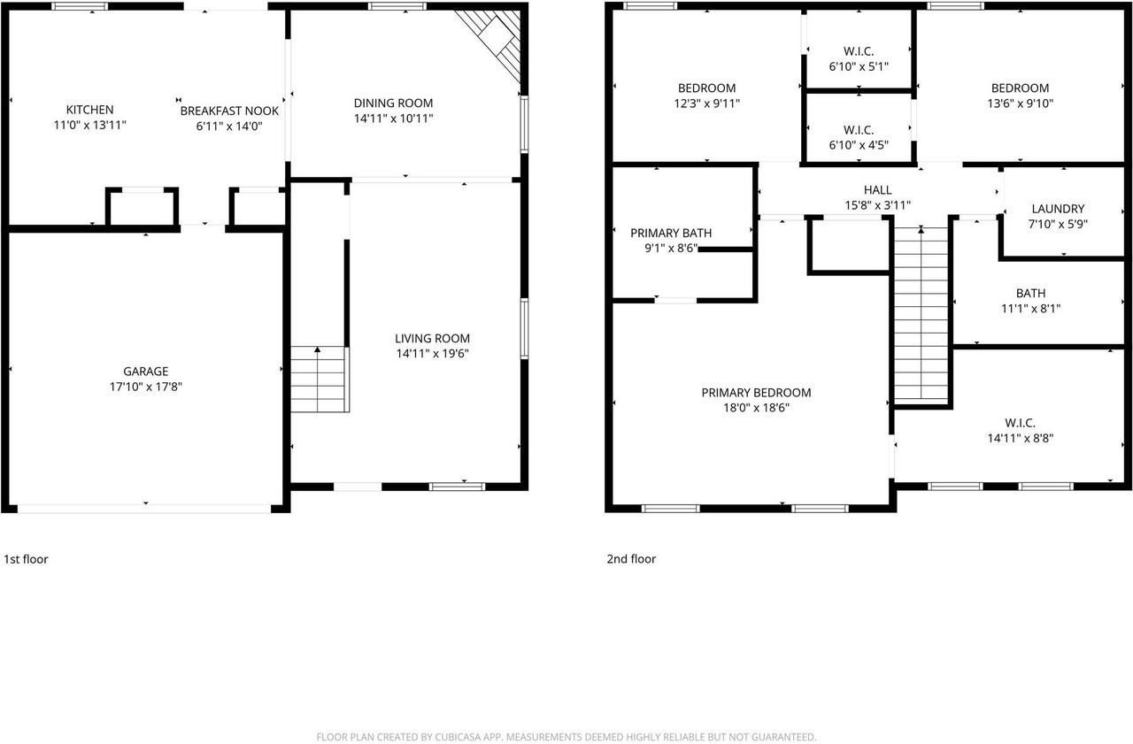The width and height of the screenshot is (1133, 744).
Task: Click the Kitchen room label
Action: coord(89,110)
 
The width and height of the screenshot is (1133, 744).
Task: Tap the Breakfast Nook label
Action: coord(229,111)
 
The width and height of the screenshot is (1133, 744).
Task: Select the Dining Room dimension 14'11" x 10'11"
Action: coord(393,119)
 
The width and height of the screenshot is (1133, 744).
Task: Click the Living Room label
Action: coord(432,338)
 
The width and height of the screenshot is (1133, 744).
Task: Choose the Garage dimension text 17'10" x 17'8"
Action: coord(146,387)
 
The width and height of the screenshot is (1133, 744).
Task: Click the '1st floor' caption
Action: coord(27,559)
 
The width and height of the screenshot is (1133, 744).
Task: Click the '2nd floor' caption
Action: coord(631,559)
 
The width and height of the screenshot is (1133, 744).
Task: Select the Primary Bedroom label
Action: coord(756,393)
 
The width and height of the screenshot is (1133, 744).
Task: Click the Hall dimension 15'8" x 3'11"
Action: coord(877,205)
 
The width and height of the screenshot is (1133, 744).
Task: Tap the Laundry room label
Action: coord(1057,209)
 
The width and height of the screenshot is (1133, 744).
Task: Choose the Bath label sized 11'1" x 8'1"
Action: coord(1030,293)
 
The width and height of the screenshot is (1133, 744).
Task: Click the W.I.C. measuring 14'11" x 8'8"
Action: coord(1020,423)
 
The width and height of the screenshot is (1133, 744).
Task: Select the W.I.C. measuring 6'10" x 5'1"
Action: coord(859,51)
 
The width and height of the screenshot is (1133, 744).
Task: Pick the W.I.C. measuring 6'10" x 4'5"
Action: coord(859,130)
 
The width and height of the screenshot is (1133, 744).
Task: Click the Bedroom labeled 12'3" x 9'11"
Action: coord(706,88)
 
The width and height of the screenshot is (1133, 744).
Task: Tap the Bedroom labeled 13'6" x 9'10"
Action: coord(1020,88)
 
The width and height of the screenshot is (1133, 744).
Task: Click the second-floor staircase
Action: coord(921,314)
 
